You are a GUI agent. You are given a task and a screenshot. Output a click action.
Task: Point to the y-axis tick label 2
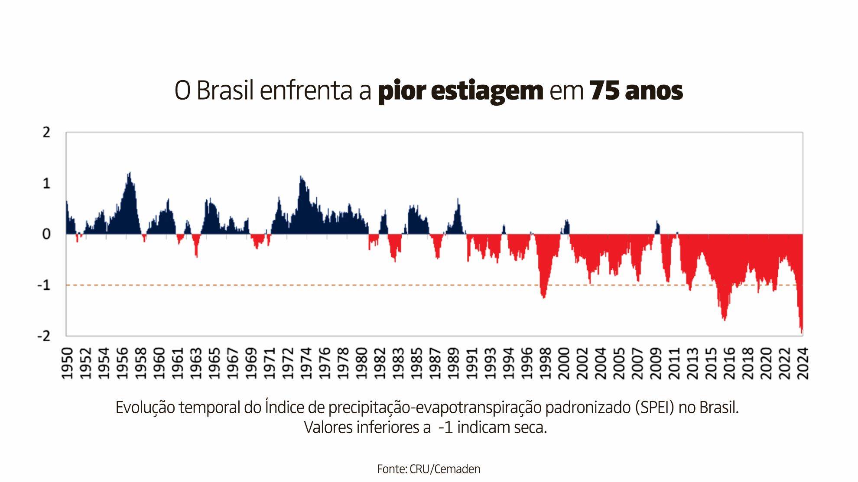[x=46, y=133]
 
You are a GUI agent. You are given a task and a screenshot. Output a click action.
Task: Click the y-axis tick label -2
[x=44, y=336]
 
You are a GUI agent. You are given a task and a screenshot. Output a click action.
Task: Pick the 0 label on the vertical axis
[x=46, y=234]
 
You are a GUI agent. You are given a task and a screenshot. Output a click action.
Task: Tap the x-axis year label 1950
[x=67, y=363]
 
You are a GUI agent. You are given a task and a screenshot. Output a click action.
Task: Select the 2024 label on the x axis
[x=803, y=363]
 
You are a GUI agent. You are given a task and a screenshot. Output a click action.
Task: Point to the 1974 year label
[x=306, y=363]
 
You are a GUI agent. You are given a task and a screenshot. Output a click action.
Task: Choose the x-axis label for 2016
[x=730, y=363]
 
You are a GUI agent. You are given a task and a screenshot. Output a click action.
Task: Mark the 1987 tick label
[x=435, y=363]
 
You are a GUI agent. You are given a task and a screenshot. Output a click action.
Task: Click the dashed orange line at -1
[x=303, y=285]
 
